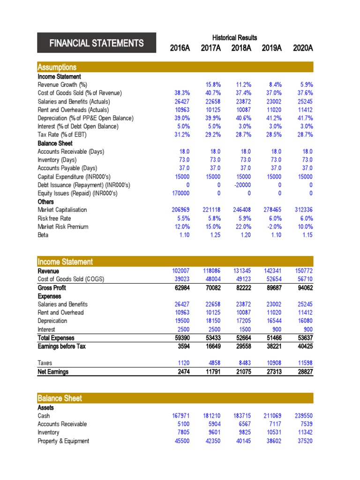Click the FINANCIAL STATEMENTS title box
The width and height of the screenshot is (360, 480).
(97, 43)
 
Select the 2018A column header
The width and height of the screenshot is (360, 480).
(241, 47)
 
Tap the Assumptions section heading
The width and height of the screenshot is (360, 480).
(57, 67)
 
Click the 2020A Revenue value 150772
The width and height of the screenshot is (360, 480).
(303, 270)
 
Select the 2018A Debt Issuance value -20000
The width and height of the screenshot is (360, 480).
(242, 185)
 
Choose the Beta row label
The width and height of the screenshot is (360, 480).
(44, 235)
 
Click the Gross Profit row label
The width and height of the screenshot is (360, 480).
(52, 287)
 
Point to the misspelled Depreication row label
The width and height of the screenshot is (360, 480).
(52, 321)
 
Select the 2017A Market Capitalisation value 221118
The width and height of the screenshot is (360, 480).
(210, 210)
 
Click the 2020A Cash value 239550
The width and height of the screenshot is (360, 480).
(303, 415)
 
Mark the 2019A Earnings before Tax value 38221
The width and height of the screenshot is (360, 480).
(272, 346)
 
